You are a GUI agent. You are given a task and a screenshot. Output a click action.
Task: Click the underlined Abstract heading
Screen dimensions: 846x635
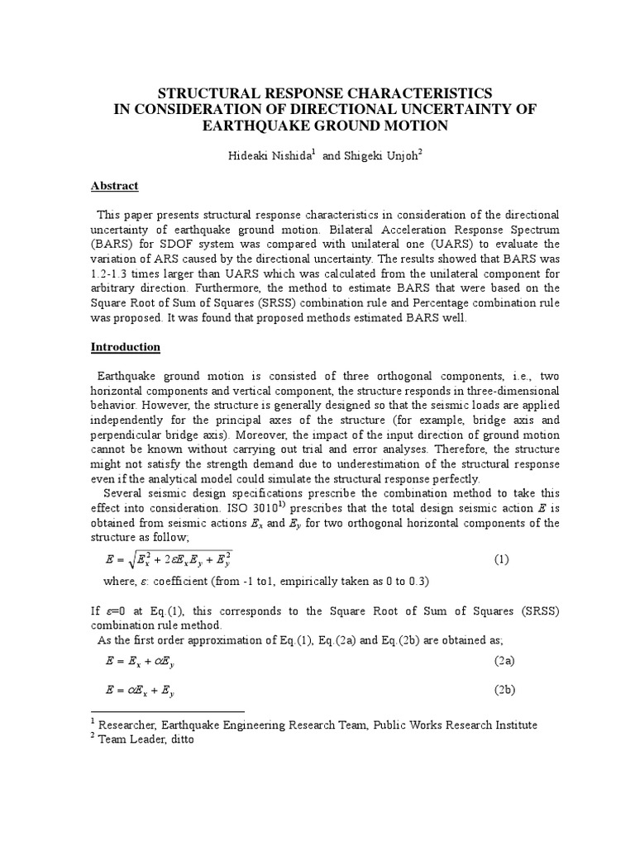[114, 186]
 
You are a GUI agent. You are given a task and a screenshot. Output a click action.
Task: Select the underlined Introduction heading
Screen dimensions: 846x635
[125, 347]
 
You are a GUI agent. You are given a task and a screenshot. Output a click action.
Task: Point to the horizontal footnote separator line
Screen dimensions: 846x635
[167, 711]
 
